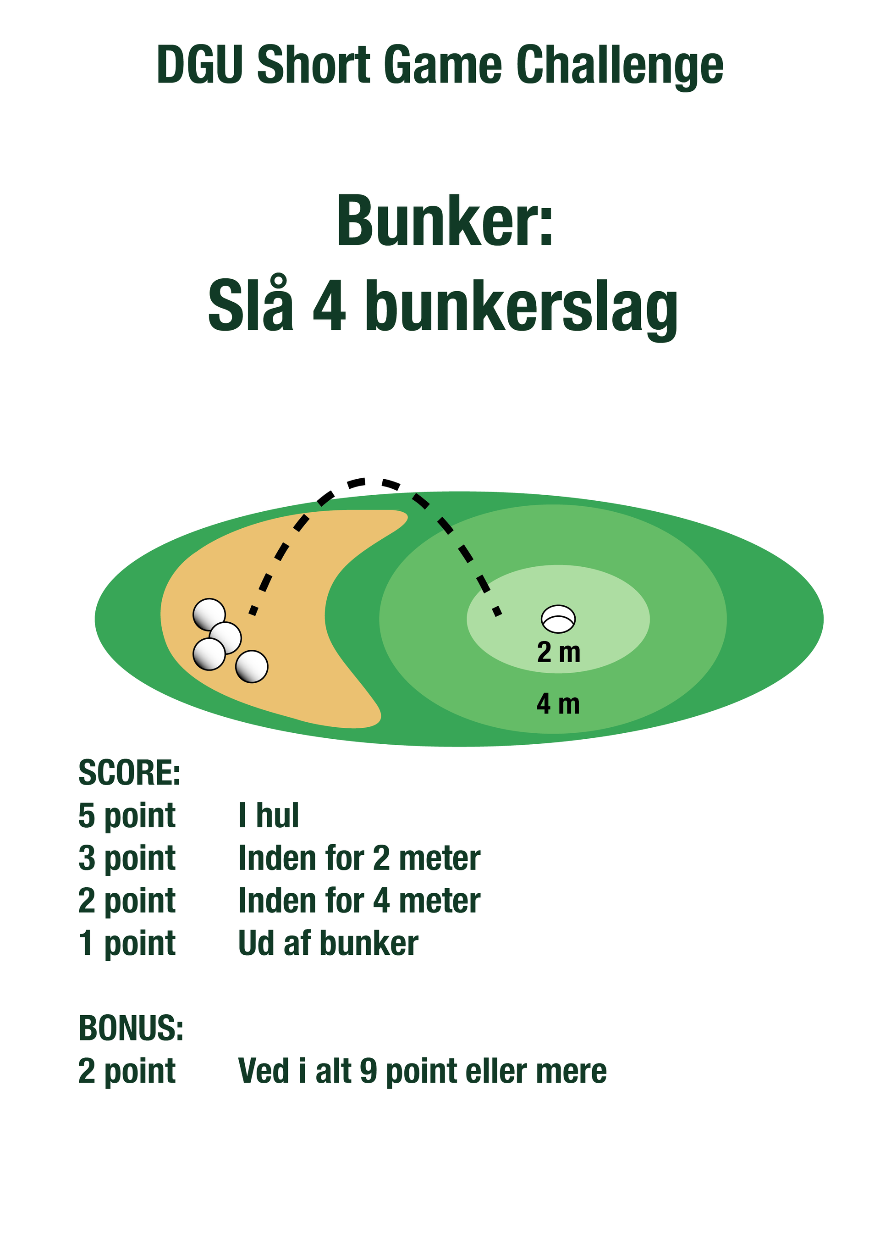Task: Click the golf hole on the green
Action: tap(558, 619)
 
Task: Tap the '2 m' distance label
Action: tap(559, 653)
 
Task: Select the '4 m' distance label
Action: tap(558, 704)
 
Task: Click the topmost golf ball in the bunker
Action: tap(209, 615)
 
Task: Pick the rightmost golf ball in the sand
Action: tap(252, 666)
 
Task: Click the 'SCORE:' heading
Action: tap(130, 773)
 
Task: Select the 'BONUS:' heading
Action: tap(131, 1028)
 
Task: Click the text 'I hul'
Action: tap(269, 815)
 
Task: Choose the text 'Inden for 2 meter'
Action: tap(359, 858)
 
